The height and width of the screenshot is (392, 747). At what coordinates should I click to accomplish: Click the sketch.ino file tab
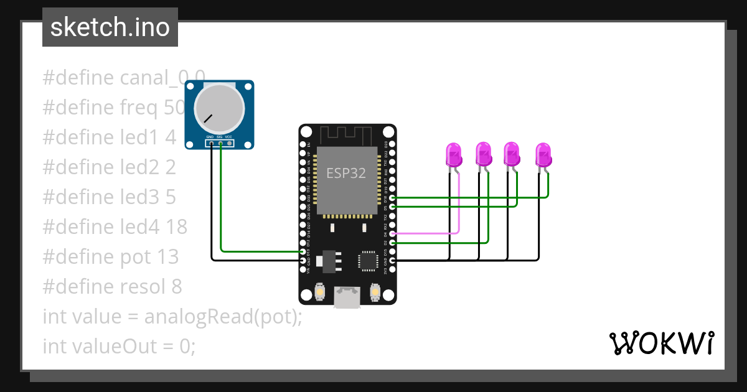pyautogui.click(x=110, y=27)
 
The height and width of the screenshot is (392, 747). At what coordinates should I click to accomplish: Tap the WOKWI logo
pyautogui.click(x=661, y=343)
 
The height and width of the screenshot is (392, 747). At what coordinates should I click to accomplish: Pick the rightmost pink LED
pyautogui.click(x=543, y=153)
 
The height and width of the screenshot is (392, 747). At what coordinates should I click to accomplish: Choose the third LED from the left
pyautogui.click(x=512, y=153)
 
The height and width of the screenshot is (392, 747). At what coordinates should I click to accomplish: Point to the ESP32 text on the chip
pyautogui.click(x=346, y=173)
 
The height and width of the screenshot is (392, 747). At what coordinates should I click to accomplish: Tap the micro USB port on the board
pyautogui.click(x=347, y=297)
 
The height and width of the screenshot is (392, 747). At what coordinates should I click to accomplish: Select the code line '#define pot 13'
pyautogui.click(x=110, y=257)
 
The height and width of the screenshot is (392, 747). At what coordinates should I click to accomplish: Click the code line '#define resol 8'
pyautogui.click(x=112, y=287)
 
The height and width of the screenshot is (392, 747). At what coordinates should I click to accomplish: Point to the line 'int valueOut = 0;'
pyautogui.click(x=119, y=347)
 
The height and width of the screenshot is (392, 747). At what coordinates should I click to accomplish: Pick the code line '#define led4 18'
pyautogui.click(x=115, y=227)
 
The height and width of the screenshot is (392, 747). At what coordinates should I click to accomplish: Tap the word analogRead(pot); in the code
pyautogui.click(x=223, y=317)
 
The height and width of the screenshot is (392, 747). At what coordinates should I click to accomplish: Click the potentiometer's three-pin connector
pyautogui.click(x=220, y=144)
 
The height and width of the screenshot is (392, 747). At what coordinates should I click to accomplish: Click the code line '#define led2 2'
pyautogui.click(x=109, y=167)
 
